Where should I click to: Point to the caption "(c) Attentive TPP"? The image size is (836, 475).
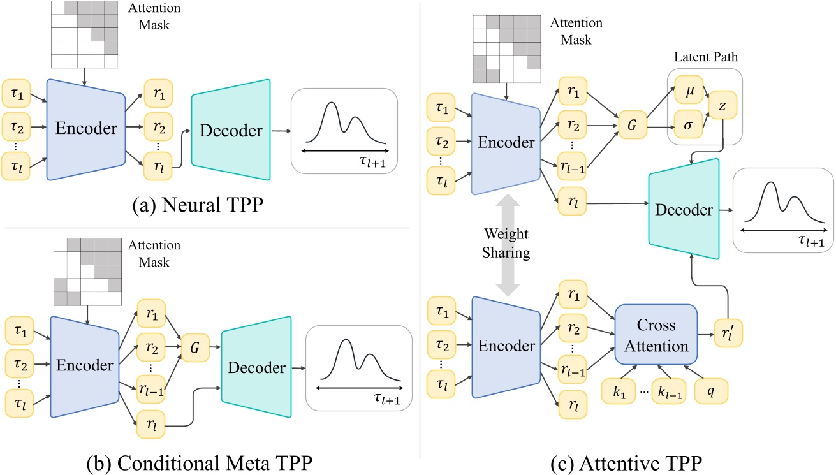[x=628, y=458]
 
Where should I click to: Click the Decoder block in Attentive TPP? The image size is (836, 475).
[x=684, y=210]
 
